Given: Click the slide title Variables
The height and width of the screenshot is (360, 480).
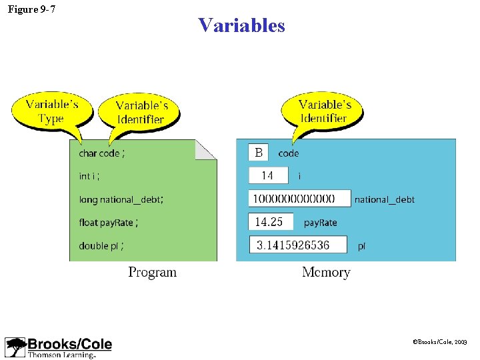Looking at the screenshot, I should [x=241, y=25].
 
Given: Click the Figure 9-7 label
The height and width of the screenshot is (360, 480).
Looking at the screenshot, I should [x=31, y=9].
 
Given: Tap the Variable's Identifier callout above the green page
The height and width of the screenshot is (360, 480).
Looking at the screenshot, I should [x=139, y=113].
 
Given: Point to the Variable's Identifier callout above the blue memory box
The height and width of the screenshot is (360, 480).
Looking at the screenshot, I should [x=324, y=111].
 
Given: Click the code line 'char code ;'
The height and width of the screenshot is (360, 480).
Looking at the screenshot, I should [x=101, y=153].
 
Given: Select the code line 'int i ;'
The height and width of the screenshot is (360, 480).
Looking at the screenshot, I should [x=89, y=176].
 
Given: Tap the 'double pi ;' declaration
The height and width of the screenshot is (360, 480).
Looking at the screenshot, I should [x=101, y=246].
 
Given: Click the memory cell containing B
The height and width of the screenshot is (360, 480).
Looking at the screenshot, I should [x=259, y=153].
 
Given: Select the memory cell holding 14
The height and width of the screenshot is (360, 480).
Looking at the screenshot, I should [x=268, y=175].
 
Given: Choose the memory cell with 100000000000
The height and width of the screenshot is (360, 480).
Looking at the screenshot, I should [x=300, y=199].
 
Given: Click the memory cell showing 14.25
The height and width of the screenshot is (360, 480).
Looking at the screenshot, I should [x=270, y=222].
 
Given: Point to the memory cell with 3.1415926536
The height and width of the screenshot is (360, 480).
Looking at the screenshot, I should [x=298, y=245].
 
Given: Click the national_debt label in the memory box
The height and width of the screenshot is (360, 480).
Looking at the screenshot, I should [x=385, y=199].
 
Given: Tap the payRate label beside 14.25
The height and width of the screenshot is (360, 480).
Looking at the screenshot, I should [x=321, y=223].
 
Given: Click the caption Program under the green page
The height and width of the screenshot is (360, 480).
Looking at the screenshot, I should [x=153, y=272].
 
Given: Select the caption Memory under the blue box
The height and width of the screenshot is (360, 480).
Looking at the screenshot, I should [x=326, y=272].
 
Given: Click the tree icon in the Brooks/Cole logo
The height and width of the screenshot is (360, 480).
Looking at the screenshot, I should [x=15, y=347].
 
